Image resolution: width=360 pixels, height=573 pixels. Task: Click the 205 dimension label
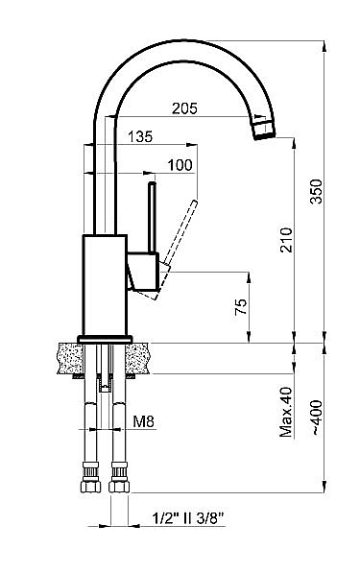click(185, 108)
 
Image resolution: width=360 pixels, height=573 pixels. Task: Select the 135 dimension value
click(140, 136)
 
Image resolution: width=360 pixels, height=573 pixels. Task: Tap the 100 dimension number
click(180, 165)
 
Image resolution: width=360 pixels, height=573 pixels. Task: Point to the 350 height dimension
click(316, 191)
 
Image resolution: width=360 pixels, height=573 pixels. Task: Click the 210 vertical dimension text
click(286, 240)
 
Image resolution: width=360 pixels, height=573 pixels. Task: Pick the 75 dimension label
click(241, 307)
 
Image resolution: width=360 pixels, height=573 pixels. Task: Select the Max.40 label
click(286, 412)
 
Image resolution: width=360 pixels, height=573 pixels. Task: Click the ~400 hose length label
click(316, 418)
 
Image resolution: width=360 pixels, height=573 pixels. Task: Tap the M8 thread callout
click(143, 421)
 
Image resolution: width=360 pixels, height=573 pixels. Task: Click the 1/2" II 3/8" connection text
click(187, 518)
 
